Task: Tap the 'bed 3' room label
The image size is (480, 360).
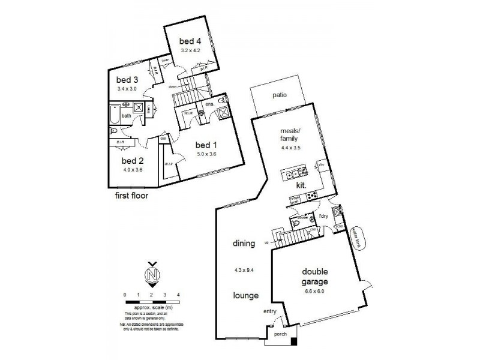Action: (127, 80)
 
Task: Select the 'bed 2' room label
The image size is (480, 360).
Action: (133, 161)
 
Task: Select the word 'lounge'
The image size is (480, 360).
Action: (246, 295)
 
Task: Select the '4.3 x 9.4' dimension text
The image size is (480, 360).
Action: (245, 269)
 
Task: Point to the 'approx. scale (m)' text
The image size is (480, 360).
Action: (151, 307)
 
